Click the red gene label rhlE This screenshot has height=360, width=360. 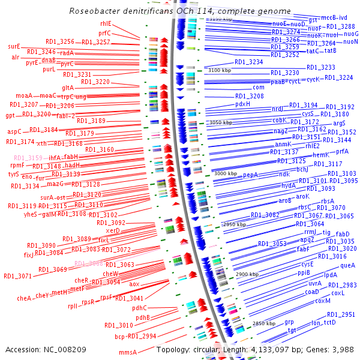click(x=106, y=23)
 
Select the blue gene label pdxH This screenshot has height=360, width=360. click(x=242, y=104)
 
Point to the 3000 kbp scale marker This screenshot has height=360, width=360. click(x=226, y=173)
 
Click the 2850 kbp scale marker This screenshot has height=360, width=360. click(x=263, y=323)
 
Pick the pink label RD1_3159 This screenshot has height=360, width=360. click(x=28, y=158)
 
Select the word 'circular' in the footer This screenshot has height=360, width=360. click(x=214, y=349)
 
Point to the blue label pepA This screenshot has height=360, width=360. click(x=250, y=175)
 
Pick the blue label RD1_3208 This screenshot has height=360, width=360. click(x=249, y=96)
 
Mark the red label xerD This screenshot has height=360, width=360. click(x=113, y=230)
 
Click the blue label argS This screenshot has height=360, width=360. click(x=340, y=122)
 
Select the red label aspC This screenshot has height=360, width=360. click(x=14, y=131)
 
